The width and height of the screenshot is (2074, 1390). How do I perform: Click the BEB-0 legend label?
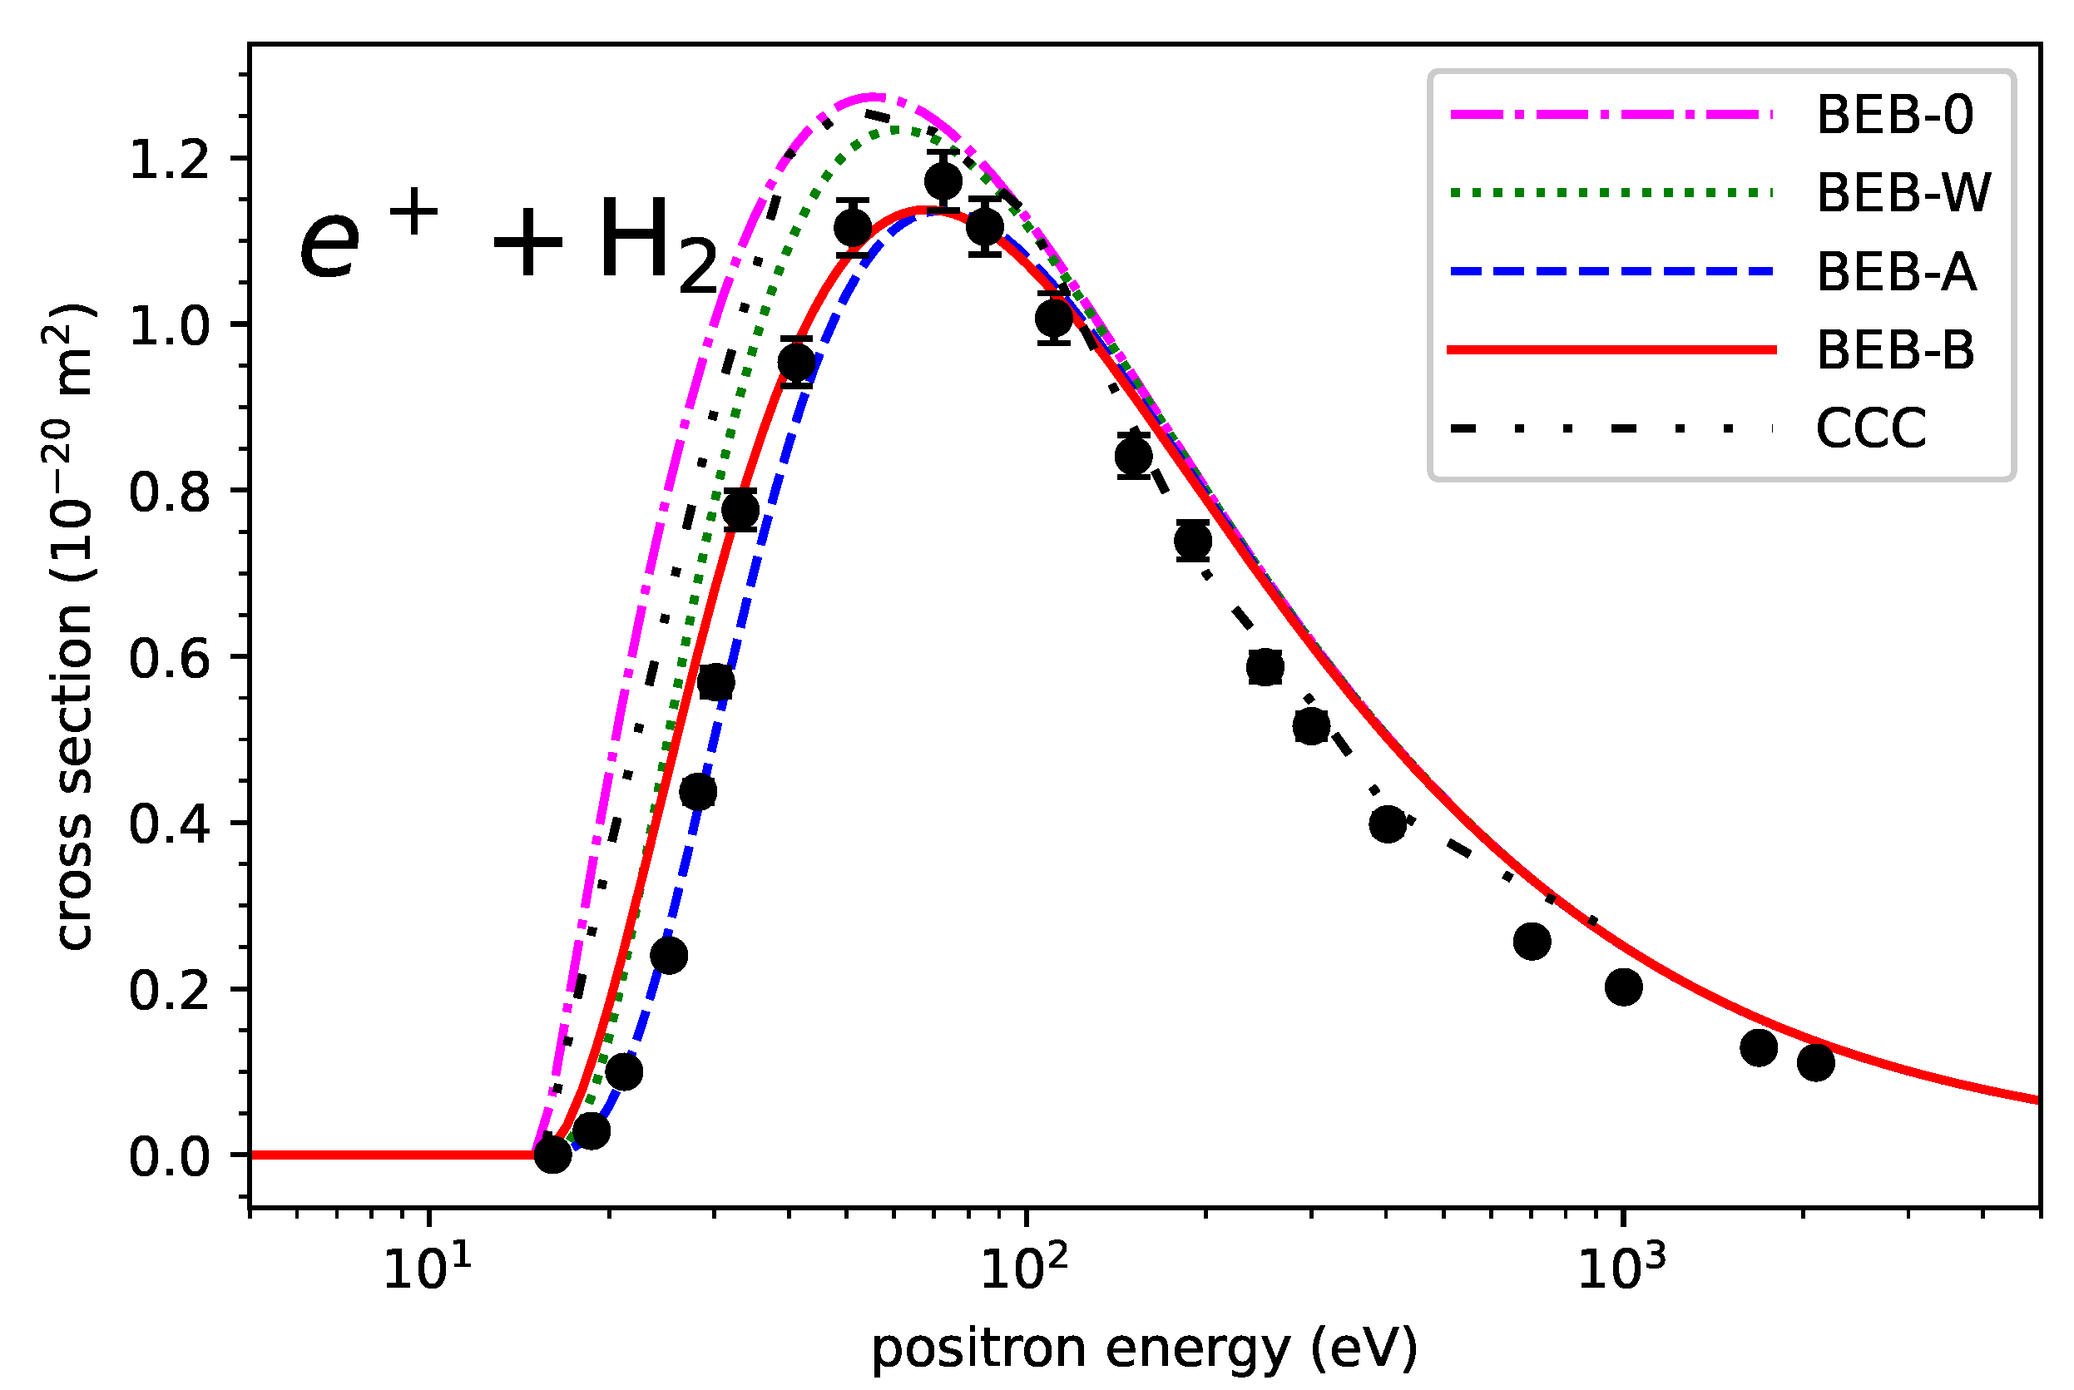[1894, 116]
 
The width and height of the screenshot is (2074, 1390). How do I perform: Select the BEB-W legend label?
[1903, 192]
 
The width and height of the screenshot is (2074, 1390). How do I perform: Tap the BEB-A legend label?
[1896, 271]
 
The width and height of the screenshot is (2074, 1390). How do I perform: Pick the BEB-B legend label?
[1895, 350]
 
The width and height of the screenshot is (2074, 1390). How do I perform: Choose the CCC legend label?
[1871, 429]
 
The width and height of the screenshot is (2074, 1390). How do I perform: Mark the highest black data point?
[943, 181]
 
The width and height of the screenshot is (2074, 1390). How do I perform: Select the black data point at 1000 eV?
[1623, 987]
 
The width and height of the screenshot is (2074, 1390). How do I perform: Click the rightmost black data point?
[1815, 1062]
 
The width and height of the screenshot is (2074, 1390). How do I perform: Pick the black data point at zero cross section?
[552, 1155]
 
